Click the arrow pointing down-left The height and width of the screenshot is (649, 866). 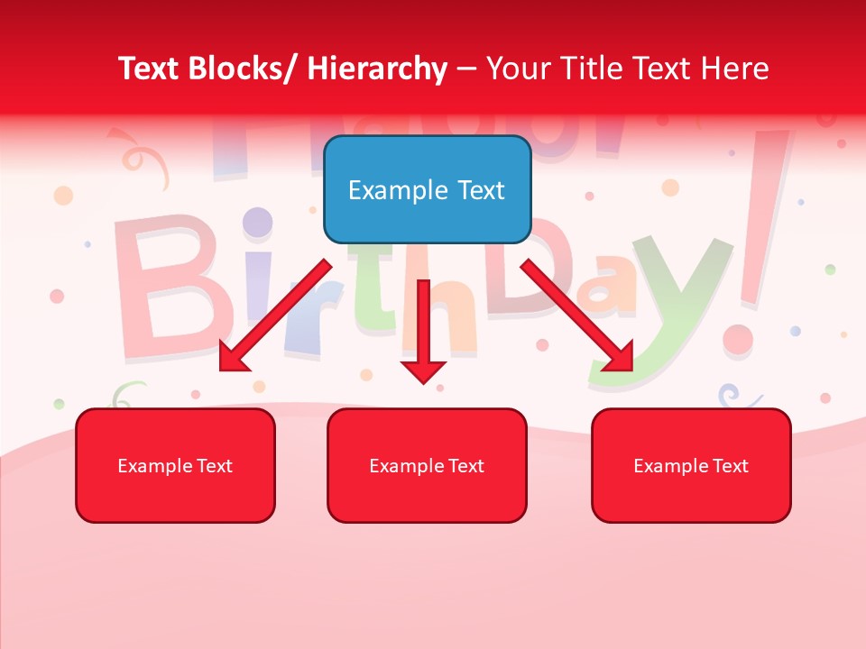(275, 315)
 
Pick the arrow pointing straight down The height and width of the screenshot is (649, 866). (423, 329)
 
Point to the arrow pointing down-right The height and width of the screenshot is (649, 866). (577, 315)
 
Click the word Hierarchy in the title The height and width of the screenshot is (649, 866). (377, 69)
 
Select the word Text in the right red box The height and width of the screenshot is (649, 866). (730, 466)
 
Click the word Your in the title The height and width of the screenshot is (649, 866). (517, 69)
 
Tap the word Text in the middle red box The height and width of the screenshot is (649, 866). (465, 466)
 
